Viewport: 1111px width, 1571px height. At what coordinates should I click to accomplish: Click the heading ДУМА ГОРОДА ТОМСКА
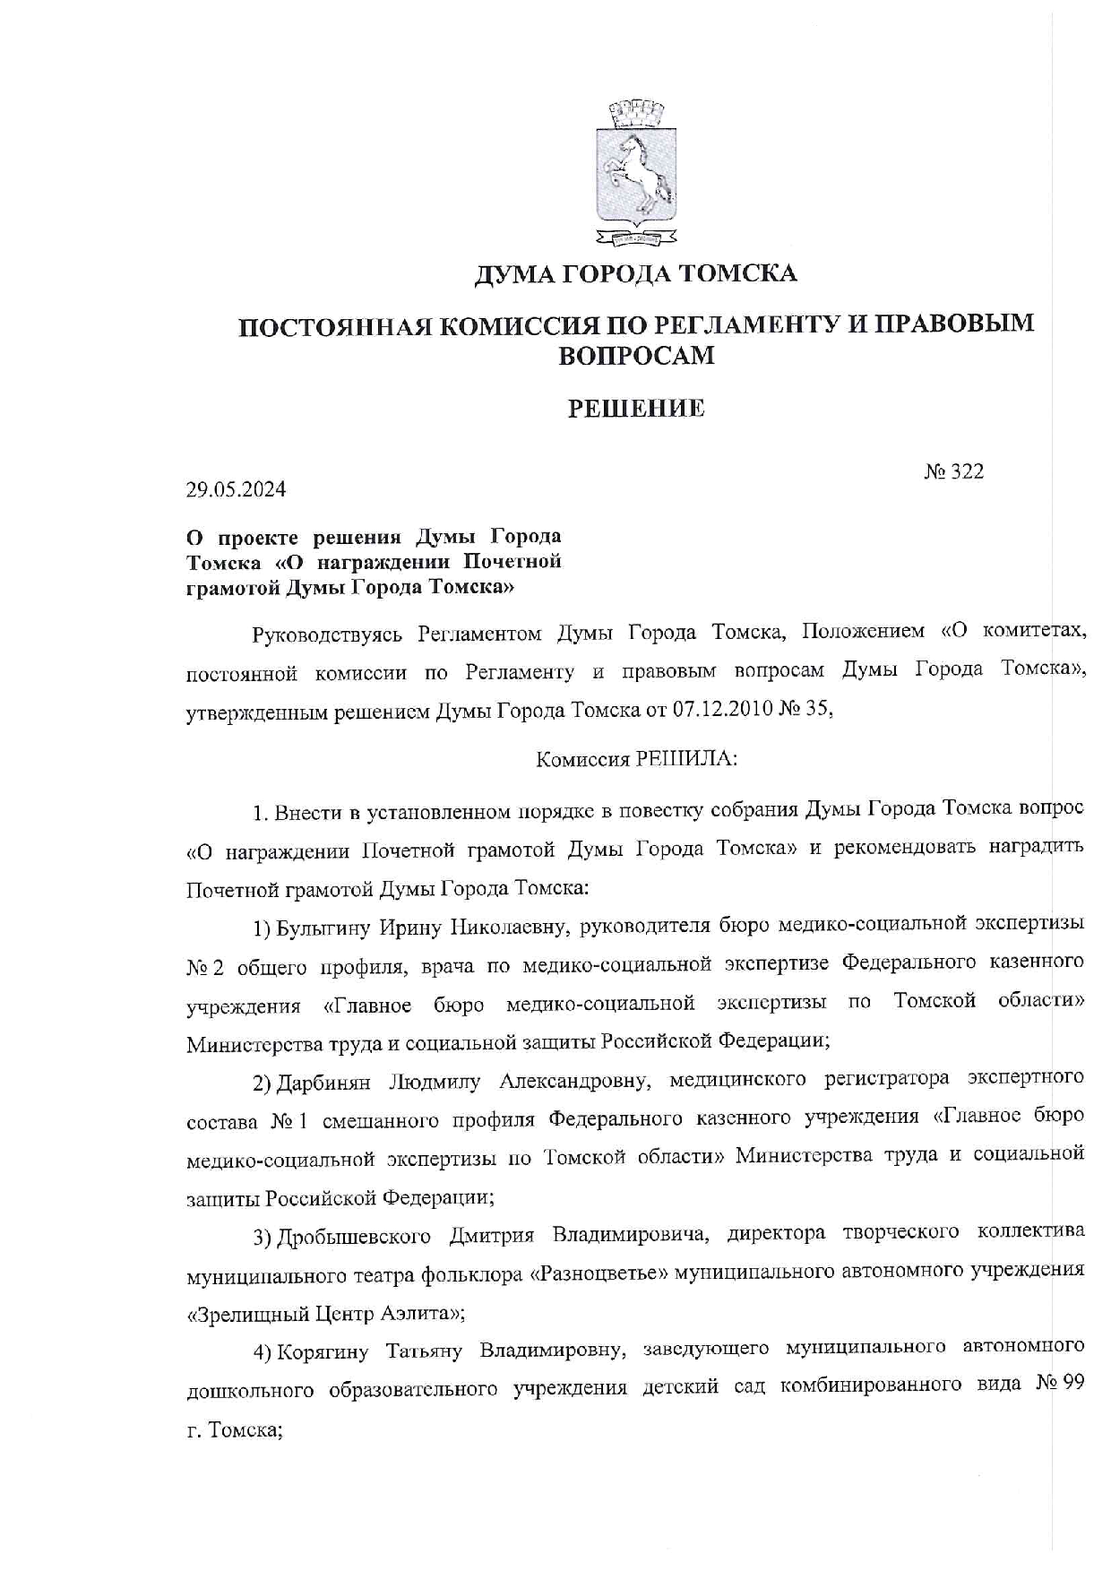(634, 273)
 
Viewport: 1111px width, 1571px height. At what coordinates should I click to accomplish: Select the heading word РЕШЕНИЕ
(636, 410)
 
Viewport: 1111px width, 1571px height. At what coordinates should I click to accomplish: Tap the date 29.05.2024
(237, 490)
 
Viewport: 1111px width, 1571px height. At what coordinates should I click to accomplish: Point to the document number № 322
(954, 471)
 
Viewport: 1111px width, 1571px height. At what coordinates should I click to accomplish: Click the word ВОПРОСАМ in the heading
(636, 356)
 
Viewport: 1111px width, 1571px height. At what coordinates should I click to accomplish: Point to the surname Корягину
(323, 1348)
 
